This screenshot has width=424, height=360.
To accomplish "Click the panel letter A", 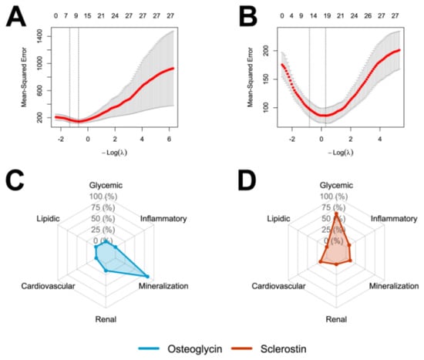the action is pyautogui.click(x=15, y=16).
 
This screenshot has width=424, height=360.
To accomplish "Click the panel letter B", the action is pyautogui.click(x=248, y=16).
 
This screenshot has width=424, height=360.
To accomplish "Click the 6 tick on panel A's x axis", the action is pyautogui.click(x=170, y=140).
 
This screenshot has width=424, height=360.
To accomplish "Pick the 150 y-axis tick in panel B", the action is pyautogui.click(x=267, y=79).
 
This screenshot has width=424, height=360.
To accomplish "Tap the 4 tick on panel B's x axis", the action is pyautogui.click(x=380, y=140).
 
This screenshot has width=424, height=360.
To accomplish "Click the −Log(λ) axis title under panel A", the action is pyautogui.click(x=114, y=153).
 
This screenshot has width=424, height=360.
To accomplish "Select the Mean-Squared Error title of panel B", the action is pyautogui.click(x=250, y=77).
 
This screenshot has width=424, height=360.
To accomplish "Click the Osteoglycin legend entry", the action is pyautogui.click(x=195, y=348).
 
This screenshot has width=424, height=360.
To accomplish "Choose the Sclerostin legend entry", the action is pyautogui.click(x=284, y=348).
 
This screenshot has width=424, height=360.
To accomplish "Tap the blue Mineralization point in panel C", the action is pyautogui.click(x=147, y=277).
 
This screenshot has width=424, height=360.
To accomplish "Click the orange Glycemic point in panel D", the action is pyautogui.click(x=336, y=214).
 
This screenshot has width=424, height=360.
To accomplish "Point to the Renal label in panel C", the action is pyautogui.click(x=106, y=319).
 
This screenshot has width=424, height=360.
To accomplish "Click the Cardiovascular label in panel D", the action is pyautogui.click(x=278, y=286).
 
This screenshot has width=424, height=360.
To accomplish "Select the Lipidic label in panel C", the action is pyautogui.click(x=48, y=218).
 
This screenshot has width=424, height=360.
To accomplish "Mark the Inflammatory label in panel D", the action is pyautogui.click(x=394, y=218).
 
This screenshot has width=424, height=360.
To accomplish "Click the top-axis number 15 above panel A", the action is pyautogui.click(x=87, y=16).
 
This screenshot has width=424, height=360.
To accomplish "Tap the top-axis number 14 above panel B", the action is pyautogui.click(x=313, y=16).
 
